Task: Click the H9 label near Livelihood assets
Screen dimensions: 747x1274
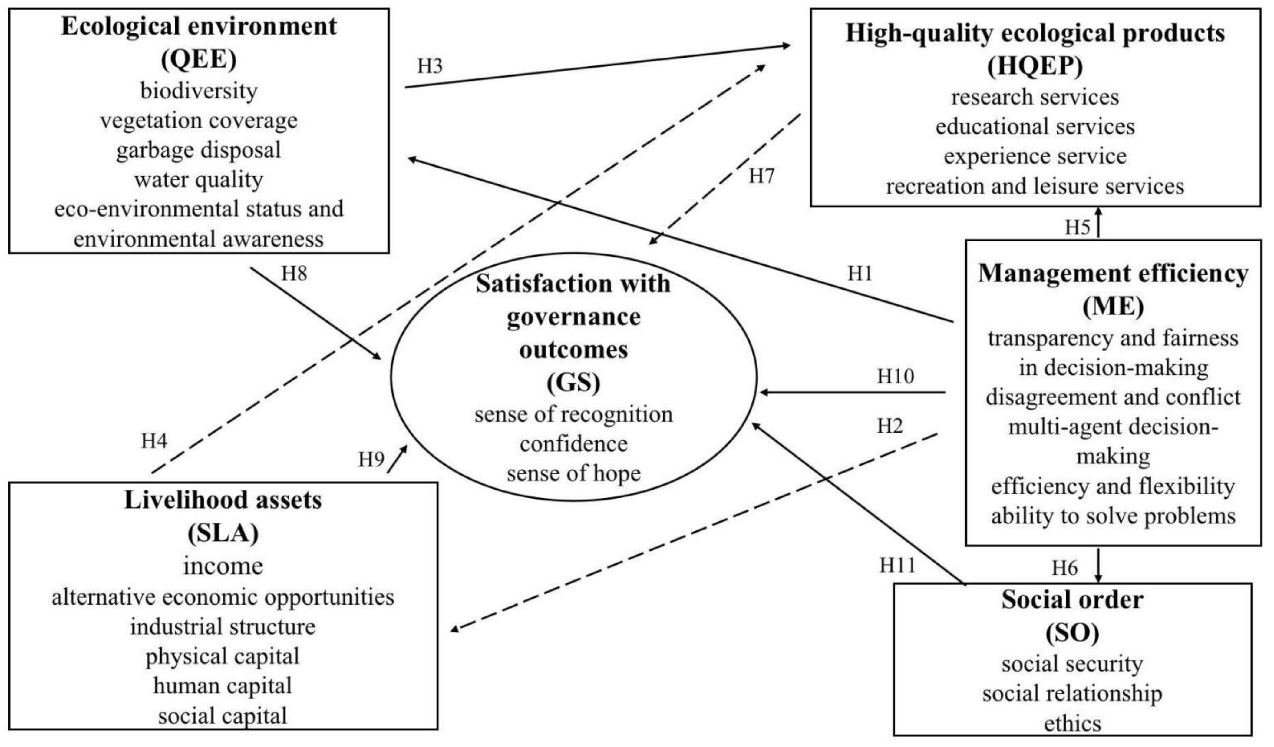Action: click(x=371, y=460)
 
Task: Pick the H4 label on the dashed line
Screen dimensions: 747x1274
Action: click(x=154, y=441)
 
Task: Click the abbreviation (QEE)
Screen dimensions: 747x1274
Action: click(x=199, y=59)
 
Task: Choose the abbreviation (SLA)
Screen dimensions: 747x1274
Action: click(x=223, y=533)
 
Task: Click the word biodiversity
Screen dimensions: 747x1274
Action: click(x=199, y=91)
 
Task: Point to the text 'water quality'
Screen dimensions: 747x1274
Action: click(x=199, y=180)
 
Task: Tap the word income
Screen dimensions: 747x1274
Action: click(x=223, y=566)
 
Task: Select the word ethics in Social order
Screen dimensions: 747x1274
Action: click(x=1072, y=723)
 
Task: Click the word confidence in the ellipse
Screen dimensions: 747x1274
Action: click(x=573, y=444)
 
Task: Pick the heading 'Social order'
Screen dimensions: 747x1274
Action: click(x=1072, y=600)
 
